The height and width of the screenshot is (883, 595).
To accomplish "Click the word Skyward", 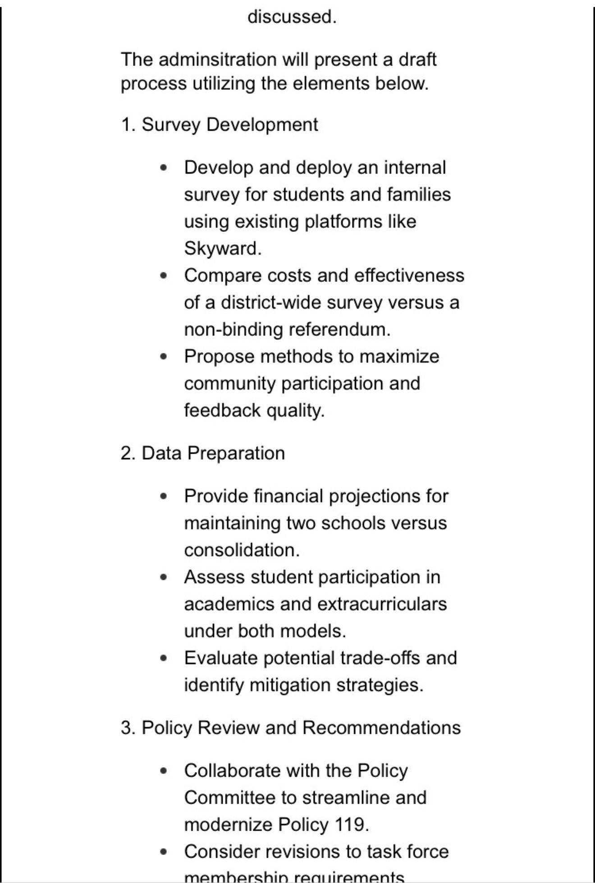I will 222,248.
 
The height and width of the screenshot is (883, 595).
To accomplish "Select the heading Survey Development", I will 230,124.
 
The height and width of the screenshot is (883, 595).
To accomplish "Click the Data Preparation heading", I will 213,453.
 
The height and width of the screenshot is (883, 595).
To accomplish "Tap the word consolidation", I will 242,550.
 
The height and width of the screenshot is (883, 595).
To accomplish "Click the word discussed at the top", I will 292,17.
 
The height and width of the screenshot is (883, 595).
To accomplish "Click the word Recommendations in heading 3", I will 381,728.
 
